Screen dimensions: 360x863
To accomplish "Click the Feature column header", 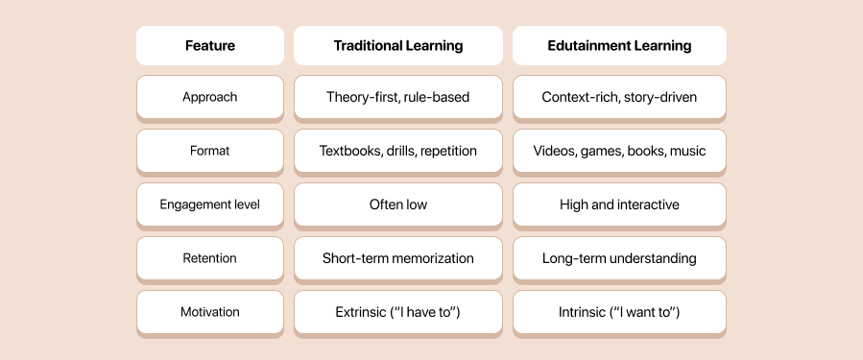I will [209, 45].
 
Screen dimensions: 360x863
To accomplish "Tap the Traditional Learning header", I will [397, 45].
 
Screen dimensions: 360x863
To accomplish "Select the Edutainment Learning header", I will [618, 45].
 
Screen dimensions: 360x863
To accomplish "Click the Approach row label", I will [209, 97].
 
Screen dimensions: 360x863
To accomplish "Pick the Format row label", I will [209, 151].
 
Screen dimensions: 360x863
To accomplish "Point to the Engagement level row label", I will [209, 204].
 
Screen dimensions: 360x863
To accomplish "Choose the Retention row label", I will [209, 258].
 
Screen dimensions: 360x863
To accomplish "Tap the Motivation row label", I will [209, 312].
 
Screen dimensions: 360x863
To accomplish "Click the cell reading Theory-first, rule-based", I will [397, 97].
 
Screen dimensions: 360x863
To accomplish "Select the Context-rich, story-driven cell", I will [618, 97].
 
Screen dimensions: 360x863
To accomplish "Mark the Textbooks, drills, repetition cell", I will [397, 151].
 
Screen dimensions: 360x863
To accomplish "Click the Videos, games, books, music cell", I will [618, 151].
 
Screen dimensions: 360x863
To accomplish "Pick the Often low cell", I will [397, 204].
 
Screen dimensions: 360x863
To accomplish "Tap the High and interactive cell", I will [618, 204].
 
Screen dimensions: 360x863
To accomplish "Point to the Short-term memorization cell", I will [397, 258].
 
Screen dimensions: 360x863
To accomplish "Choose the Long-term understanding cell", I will [618, 258].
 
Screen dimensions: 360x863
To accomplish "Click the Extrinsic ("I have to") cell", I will [397, 312].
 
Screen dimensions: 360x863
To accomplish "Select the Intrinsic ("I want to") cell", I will [618, 312].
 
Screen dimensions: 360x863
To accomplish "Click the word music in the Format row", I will [687, 151].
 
